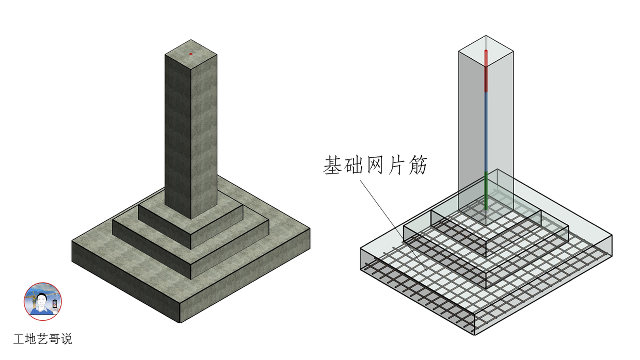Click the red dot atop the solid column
(x=191, y=54)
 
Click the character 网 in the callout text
(x=375, y=165)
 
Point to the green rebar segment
(x=486, y=191)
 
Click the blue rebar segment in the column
(x=486, y=132)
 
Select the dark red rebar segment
(x=486, y=79)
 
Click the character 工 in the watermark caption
(x=18, y=339)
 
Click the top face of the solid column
(x=191, y=54)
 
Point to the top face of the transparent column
(x=486, y=51)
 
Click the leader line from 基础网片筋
(x=393, y=225)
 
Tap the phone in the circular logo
(x=55, y=304)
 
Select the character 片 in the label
(x=396, y=165)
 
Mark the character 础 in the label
(x=354, y=165)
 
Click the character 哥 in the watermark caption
(x=55, y=339)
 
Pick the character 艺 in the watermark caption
(x=42, y=339)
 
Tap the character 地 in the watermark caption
(x=30, y=339)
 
